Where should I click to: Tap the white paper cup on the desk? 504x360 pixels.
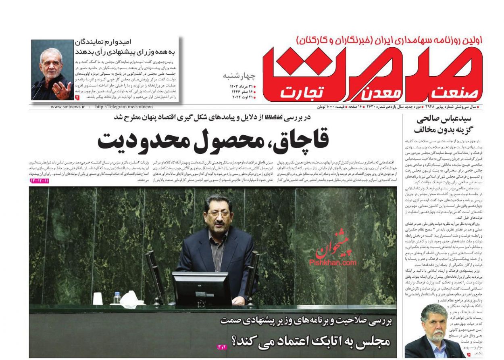pos(98,298)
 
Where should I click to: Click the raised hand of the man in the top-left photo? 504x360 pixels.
pos(62,89)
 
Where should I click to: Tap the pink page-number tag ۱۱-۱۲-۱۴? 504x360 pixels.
pos(39,180)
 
